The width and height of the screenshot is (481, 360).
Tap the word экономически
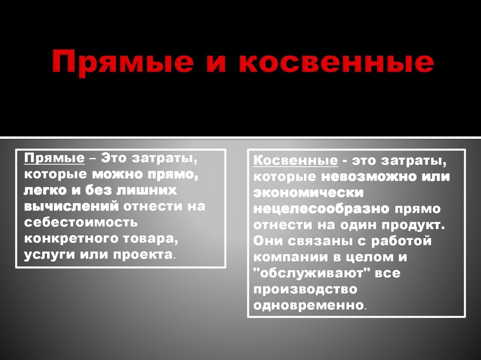click(308, 193)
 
